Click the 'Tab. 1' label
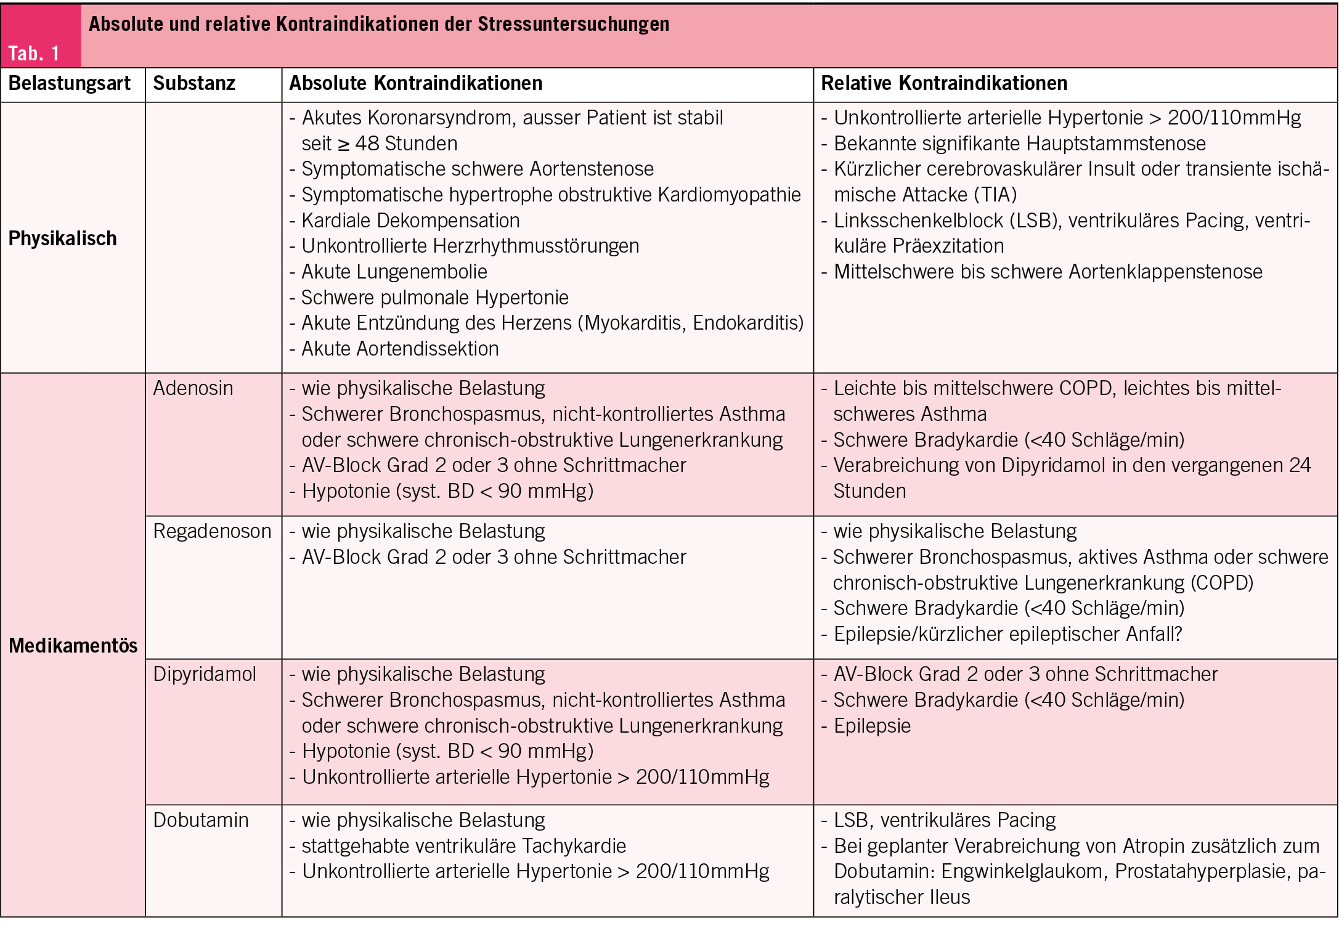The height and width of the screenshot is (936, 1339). [x=34, y=54]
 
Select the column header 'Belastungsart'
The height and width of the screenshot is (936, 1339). [x=70, y=83]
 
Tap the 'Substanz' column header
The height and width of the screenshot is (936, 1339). [x=194, y=83]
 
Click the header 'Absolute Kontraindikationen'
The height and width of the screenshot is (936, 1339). [x=416, y=83]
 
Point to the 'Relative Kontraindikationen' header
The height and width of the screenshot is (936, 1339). [x=944, y=83]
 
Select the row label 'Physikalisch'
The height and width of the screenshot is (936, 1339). [x=62, y=238]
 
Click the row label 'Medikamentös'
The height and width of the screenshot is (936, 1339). [x=73, y=645]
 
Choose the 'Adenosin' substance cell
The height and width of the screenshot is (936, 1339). [x=193, y=388]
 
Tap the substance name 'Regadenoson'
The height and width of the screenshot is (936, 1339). [x=212, y=531]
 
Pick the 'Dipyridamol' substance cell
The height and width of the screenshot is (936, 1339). [x=204, y=674]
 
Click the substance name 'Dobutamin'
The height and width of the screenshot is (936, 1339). [x=201, y=820]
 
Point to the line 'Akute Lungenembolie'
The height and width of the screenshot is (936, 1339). [x=394, y=272]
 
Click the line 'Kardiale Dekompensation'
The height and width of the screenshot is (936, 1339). [x=410, y=221]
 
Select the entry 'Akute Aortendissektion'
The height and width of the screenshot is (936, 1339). [x=400, y=349]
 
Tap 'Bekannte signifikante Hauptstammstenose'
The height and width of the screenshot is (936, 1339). [x=1019, y=144]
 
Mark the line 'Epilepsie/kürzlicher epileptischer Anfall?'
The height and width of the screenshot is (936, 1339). [x=1007, y=634]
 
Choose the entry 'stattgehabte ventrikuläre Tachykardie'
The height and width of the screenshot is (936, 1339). [x=463, y=846]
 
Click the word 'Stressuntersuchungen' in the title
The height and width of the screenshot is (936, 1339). [x=573, y=24]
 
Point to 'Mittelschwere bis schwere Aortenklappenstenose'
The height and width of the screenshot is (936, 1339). [x=1048, y=272]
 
